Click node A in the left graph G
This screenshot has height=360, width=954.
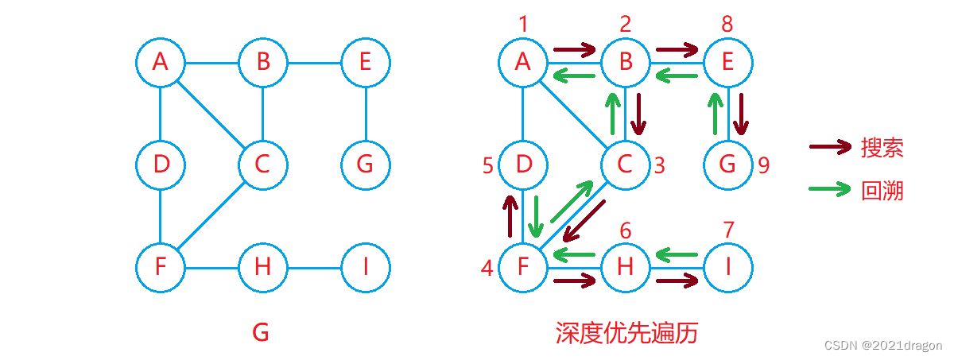pos(160,62)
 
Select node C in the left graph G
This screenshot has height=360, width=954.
pos(262,165)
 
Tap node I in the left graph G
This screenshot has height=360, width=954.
pos(365,267)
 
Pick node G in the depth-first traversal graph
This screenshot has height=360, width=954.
pos(727,165)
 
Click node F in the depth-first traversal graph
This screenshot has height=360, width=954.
pos(523,267)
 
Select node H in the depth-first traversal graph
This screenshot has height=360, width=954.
pos(625,267)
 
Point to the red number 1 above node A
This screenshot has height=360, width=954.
pos(523,24)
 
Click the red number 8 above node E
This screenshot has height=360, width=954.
pos(727,24)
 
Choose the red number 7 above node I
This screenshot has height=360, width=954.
pos(727,230)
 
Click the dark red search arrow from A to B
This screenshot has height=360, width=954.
pos(574,51)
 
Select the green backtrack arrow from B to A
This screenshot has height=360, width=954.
pos(574,76)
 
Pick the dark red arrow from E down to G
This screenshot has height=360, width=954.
pos(741,114)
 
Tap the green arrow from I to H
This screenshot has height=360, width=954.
pos(677,255)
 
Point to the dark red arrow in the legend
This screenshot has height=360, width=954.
pos(830,147)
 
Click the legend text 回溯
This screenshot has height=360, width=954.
pos(882,191)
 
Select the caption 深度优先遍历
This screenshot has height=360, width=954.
pos(626,333)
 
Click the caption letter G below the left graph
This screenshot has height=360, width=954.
pos(261,333)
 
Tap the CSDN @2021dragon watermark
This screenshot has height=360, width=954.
pos(882,346)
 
